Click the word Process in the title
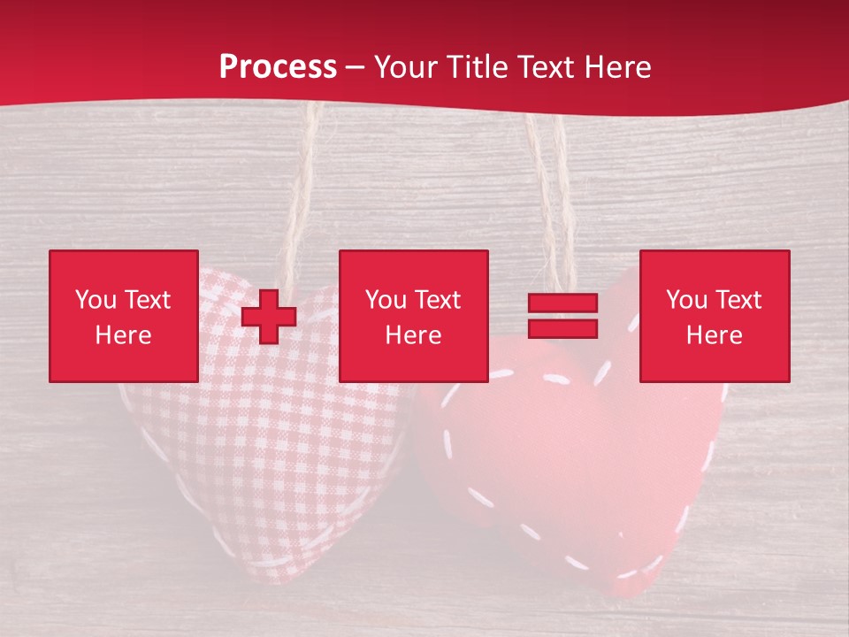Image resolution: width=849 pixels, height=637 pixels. pyautogui.click(x=278, y=66)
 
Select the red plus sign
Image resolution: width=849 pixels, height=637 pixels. pyautogui.click(x=269, y=316)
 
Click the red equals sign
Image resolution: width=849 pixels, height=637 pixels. pyautogui.click(x=562, y=316)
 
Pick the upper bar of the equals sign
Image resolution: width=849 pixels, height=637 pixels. pyautogui.click(x=562, y=303)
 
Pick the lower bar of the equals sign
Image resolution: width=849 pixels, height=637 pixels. pyautogui.click(x=562, y=328)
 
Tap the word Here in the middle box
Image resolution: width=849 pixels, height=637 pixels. pyautogui.click(x=413, y=335)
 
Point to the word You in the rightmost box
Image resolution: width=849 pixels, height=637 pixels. pyautogui.click(x=686, y=300)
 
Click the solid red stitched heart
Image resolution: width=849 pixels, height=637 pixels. pyautogui.click(x=566, y=460)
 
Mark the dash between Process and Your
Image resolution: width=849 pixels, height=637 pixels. pyautogui.click(x=356, y=67)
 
